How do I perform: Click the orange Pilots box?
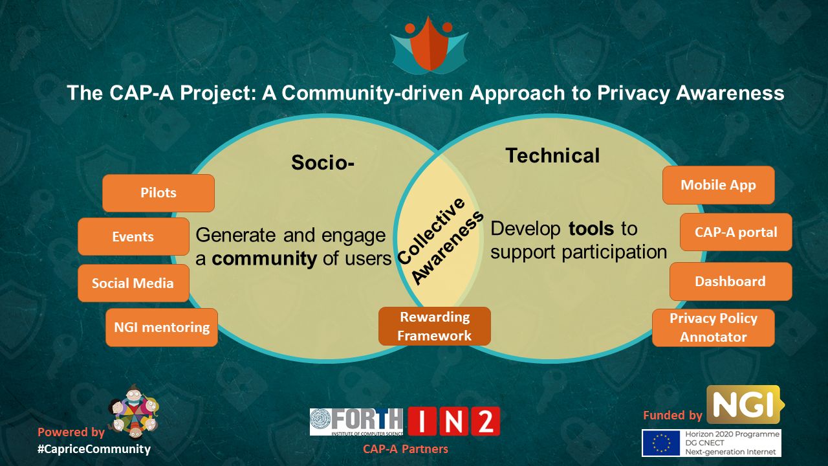point(158,193)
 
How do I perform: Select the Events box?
point(133,236)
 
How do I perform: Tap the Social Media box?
point(133,283)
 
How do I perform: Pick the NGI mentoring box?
point(162,327)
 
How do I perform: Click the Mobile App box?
point(718,185)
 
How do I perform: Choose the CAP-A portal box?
point(736,232)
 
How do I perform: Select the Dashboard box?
point(731,282)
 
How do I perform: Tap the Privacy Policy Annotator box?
point(714,327)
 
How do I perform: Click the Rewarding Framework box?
point(435,326)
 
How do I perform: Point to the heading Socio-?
point(323,162)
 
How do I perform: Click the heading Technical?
point(552,155)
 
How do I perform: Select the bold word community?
point(265,258)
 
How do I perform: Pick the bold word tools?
point(591,229)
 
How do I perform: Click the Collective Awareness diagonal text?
point(440,241)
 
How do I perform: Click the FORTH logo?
point(356,422)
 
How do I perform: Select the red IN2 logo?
point(454,421)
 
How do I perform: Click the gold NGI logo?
point(745,405)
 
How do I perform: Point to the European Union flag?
point(661,443)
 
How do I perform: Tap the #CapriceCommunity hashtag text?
point(94,449)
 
